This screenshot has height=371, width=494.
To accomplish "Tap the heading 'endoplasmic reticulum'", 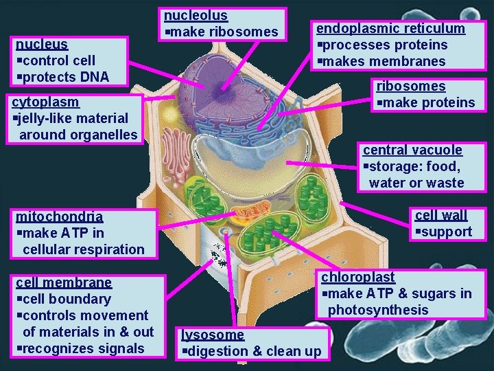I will coord(390,28).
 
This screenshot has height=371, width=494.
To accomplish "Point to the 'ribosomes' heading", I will coord(410,86).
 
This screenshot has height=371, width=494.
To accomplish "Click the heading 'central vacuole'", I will coord(412,150).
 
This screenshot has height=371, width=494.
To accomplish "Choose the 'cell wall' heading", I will coord(441,215).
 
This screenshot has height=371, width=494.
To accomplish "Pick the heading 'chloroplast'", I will coord(357,277).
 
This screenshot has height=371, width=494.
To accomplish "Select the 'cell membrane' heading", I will coord(63,282).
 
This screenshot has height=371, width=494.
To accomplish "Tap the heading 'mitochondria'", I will coord(59,216).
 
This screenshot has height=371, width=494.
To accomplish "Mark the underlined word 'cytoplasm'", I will coord(45,102).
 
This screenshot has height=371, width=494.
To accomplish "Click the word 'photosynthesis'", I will coord(378,310).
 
